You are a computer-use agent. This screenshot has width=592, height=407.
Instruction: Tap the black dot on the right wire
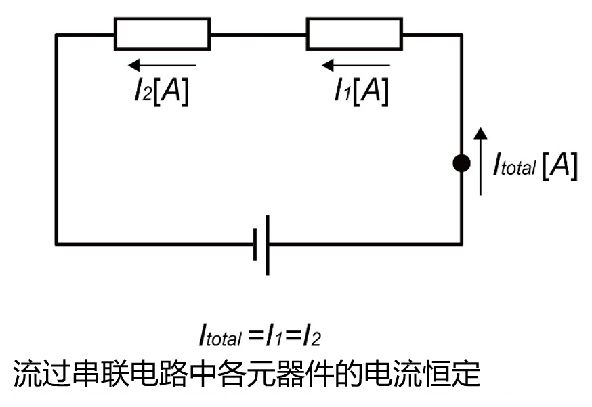click(462, 163)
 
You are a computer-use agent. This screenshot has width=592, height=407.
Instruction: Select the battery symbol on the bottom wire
click(261, 244)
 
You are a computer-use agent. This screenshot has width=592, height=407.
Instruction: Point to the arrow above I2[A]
click(162, 66)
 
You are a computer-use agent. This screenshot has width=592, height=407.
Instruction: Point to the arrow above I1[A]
click(355, 66)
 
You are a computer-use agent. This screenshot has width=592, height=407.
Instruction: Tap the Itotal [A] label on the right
click(535, 165)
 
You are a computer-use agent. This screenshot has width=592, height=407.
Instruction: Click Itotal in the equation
click(221, 335)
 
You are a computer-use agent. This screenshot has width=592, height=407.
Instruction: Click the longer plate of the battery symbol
click(268, 244)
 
